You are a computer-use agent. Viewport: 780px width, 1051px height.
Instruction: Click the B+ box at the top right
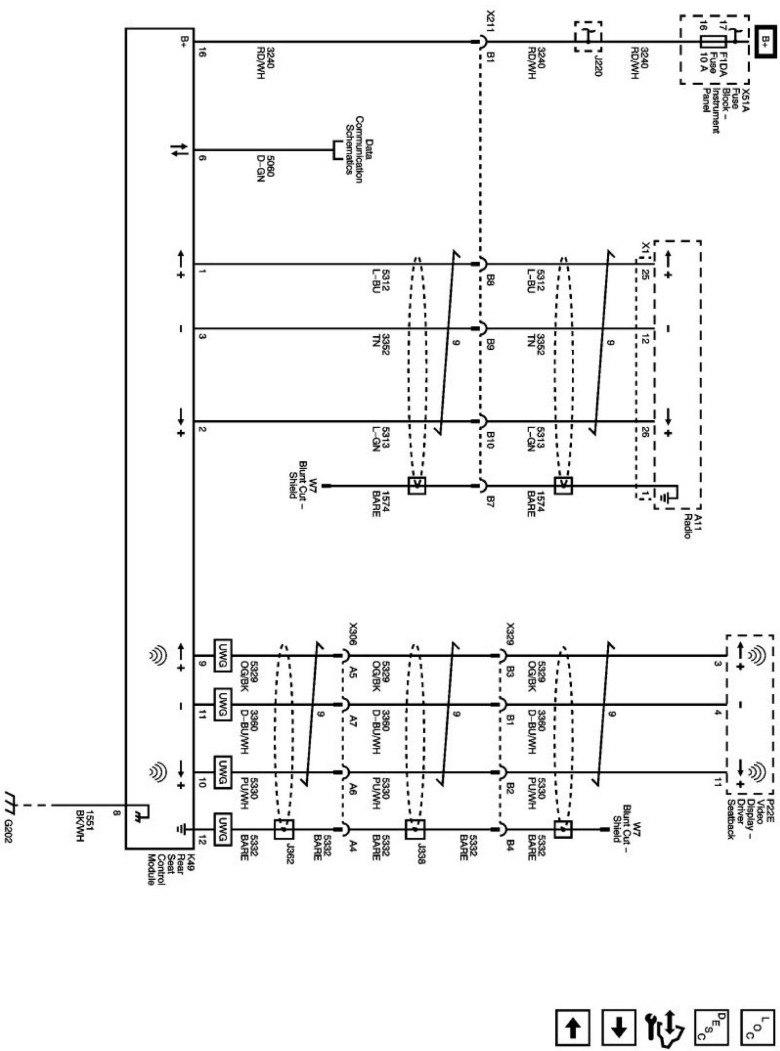(765, 41)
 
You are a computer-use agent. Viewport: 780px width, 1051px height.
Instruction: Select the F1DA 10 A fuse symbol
(713, 42)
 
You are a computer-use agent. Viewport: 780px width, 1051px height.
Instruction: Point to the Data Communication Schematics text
(358, 150)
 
